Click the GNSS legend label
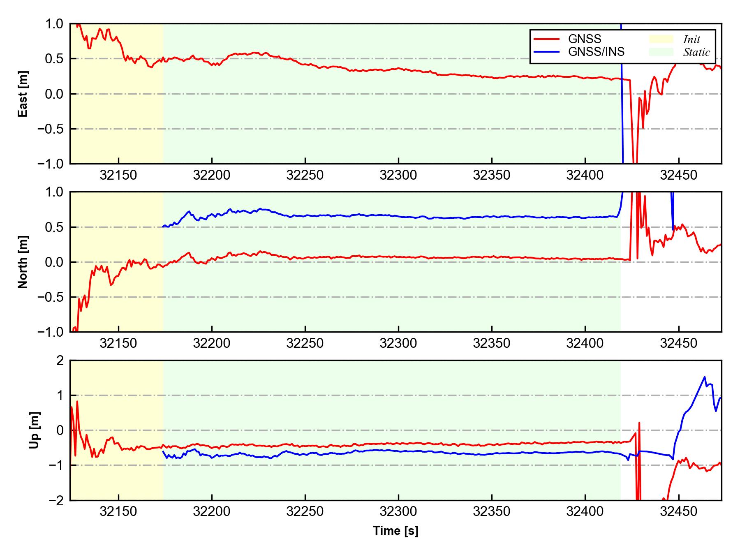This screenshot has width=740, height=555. pos(584,39)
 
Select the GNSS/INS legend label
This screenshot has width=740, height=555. pos(596,52)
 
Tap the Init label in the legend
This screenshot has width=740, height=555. pos(691,39)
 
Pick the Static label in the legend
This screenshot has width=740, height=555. pos(696,52)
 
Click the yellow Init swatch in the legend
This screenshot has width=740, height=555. pos(661,39)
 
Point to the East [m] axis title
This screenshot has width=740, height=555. pos(23,94)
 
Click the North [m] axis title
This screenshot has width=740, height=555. pos(23,262)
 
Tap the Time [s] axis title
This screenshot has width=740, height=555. pos(395,531)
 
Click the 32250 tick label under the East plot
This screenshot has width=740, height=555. pos(305,176)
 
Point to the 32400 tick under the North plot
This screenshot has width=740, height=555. pos(585,343)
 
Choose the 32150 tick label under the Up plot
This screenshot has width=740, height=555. pos(118,512)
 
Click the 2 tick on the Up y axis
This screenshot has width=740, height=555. pos(60,361)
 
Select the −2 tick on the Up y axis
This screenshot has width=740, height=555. pos(56,500)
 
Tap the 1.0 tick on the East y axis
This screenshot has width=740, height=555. pos(55,24)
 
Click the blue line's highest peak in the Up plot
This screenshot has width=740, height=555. pos(705,377)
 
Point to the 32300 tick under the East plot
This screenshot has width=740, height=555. pos(398,176)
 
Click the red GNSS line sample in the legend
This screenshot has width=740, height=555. pos(546,39)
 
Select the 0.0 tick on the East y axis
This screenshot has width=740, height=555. pos(55,94)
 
